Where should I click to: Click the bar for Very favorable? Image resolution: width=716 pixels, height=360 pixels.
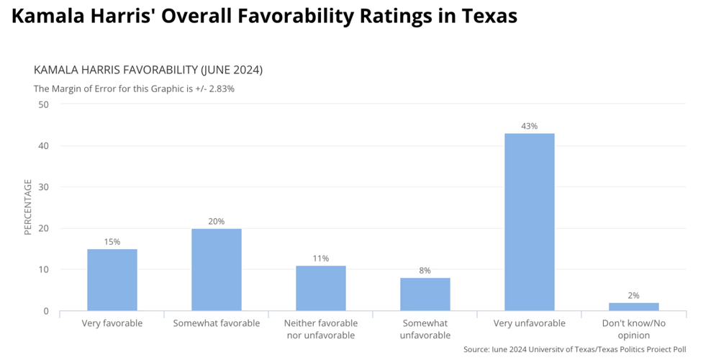[112, 280]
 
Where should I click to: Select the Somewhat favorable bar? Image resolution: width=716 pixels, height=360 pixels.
[217, 270]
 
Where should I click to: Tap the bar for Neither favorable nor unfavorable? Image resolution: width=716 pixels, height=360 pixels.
[321, 288]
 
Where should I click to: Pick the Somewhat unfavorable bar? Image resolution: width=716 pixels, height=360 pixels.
[425, 294]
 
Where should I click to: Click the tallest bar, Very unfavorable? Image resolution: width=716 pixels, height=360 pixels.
[530, 222]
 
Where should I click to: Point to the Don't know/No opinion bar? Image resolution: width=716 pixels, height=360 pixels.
[634, 307]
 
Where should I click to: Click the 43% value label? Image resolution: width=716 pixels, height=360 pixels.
[530, 126]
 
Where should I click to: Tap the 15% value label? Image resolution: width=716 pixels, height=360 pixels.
[112, 242]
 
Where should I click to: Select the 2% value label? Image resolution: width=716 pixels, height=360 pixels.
[634, 295]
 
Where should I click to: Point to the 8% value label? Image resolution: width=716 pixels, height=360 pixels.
[425, 271]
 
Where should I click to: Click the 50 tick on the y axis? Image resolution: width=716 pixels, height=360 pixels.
[44, 104]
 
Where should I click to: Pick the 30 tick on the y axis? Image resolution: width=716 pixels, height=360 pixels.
[44, 187]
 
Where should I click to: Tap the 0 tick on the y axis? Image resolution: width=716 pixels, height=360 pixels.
[46, 311]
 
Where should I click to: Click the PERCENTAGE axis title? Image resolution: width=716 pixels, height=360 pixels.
[28, 207]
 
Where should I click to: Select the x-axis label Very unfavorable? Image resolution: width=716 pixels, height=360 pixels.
[530, 323]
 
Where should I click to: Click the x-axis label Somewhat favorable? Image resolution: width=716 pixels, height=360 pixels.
[217, 323]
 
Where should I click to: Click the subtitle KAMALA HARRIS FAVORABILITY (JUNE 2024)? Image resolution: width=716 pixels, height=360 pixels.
[148, 70]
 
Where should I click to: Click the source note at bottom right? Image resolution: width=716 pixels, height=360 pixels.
[575, 349]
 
